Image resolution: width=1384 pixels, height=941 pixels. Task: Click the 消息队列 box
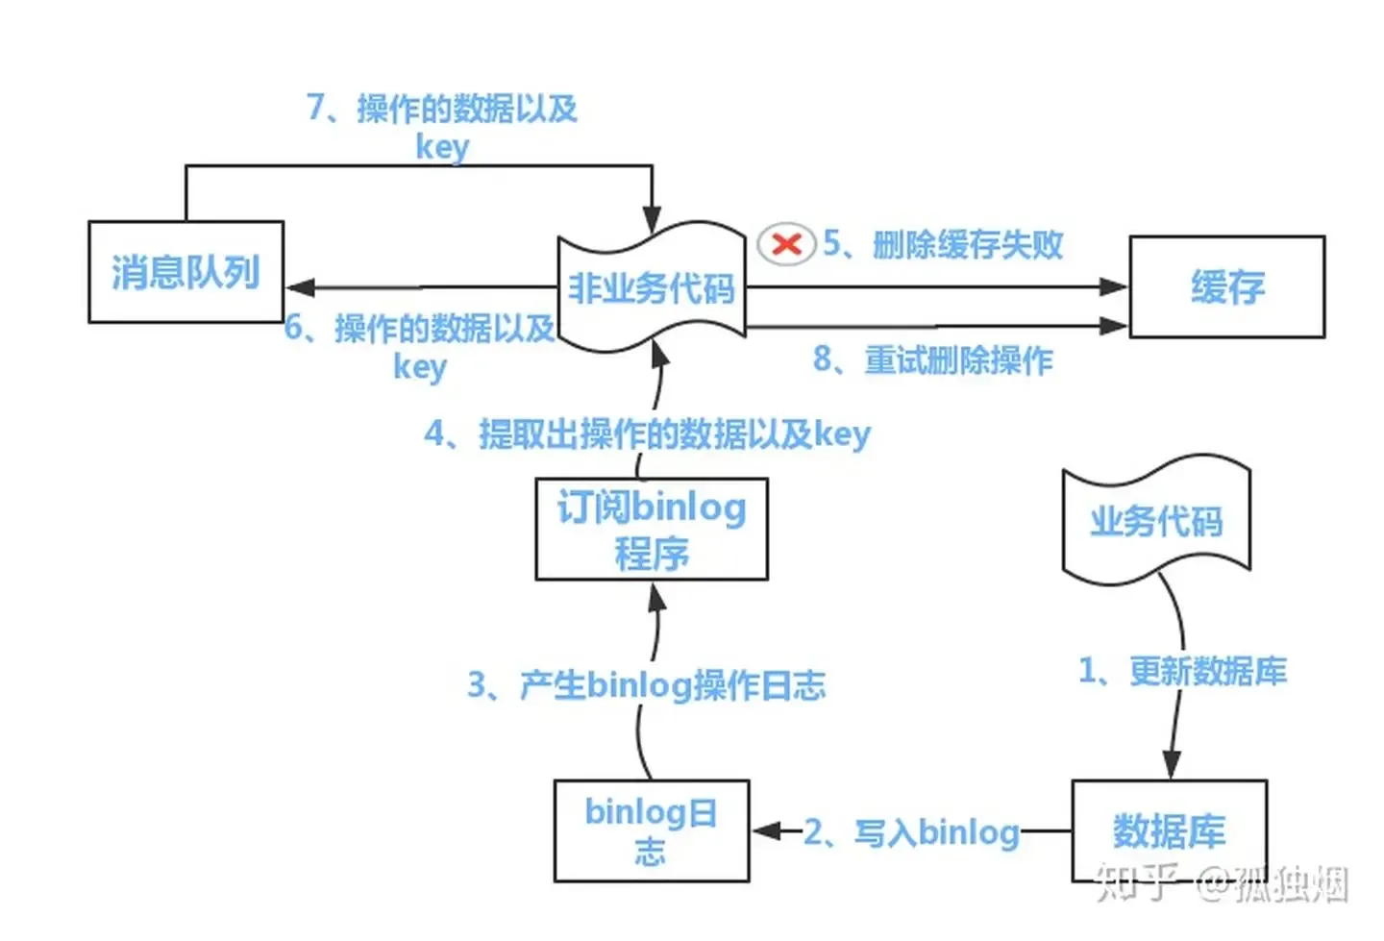click(x=185, y=272)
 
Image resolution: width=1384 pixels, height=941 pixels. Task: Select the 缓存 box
click(x=1226, y=286)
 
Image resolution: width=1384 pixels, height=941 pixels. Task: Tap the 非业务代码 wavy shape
click(x=652, y=287)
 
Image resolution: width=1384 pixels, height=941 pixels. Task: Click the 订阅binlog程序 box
click(x=652, y=530)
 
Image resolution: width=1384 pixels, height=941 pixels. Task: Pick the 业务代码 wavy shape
click(x=1156, y=522)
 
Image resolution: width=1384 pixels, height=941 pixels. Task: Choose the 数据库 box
click(x=1169, y=830)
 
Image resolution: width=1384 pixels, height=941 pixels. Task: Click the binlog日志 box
click(x=651, y=830)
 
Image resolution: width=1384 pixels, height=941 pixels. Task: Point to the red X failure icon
click(x=786, y=244)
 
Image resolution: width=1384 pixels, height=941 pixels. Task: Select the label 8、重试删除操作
click(x=933, y=360)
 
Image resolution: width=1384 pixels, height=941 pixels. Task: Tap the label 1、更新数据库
click(x=1182, y=671)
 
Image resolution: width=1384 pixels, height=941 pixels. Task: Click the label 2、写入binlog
click(x=911, y=832)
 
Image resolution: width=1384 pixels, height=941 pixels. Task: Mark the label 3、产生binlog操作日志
click(x=646, y=685)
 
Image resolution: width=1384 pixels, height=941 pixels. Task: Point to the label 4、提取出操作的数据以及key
click(x=647, y=434)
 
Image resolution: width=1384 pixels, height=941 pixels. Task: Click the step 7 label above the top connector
click(x=442, y=125)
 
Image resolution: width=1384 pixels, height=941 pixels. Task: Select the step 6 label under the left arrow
click(x=420, y=346)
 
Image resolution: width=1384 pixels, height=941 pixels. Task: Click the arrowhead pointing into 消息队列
click(x=300, y=287)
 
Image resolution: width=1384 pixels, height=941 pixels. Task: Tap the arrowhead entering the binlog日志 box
click(x=766, y=830)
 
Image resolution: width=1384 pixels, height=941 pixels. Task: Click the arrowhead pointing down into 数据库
click(x=1171, y=764)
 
